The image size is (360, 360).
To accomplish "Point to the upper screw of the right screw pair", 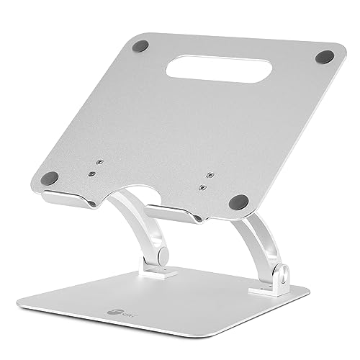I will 208,173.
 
